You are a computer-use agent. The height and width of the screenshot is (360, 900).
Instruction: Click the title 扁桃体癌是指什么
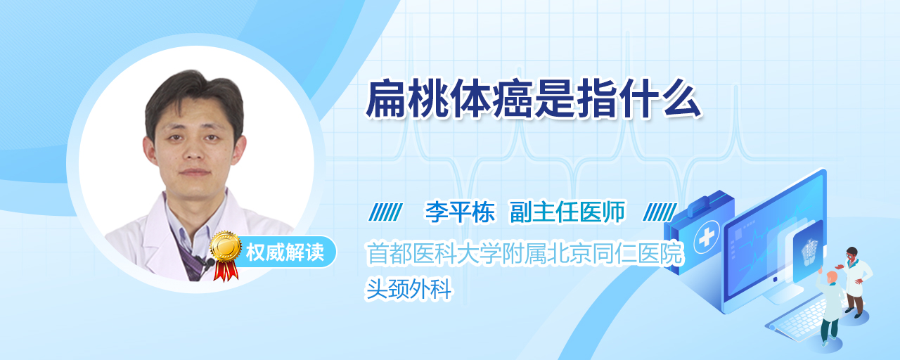[x=534, y=99]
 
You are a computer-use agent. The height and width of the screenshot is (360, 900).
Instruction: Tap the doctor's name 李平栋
[x=460, y=212]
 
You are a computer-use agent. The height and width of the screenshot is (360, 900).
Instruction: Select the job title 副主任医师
[x=567, y=212]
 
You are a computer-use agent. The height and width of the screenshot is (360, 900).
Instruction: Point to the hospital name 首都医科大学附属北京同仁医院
[x=525, y=254]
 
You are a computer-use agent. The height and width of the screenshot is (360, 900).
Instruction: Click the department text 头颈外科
[x=409, y=289]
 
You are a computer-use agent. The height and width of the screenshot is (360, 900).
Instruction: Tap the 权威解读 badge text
[x=285, y=252]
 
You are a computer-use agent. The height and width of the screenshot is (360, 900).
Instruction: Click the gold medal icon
[x=226, y=245]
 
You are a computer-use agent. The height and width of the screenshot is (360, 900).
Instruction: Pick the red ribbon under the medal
[x=226, y=271]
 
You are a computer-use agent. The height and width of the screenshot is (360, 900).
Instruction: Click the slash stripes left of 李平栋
[x=386, y=212]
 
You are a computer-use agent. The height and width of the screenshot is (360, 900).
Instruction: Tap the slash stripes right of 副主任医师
[x=660, y=212]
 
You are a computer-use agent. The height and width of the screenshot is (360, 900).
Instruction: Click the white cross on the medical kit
[x=706, y=238]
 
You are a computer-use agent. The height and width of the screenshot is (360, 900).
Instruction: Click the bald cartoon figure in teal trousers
[x=830, y=307]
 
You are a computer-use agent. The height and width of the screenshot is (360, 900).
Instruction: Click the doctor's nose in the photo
[x=194, y=150]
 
